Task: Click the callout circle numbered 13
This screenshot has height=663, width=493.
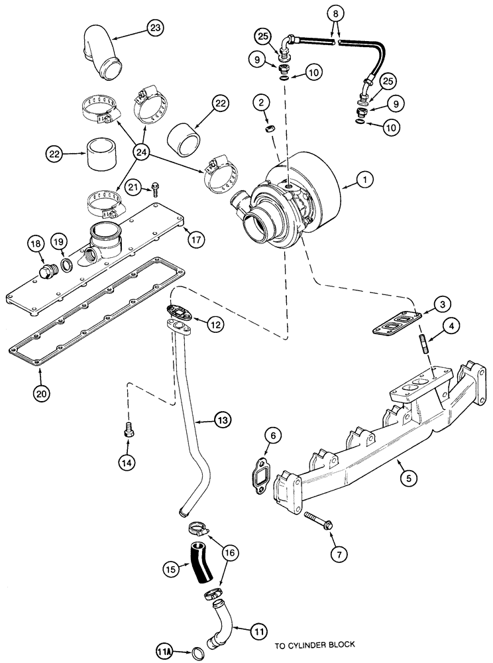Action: pyautogui.click(x=223, y=420)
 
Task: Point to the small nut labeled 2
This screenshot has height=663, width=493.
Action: pyautogui.click(x=270, y=125)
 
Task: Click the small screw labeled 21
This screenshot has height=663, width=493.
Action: pyautogui.click(x=154, y=188)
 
